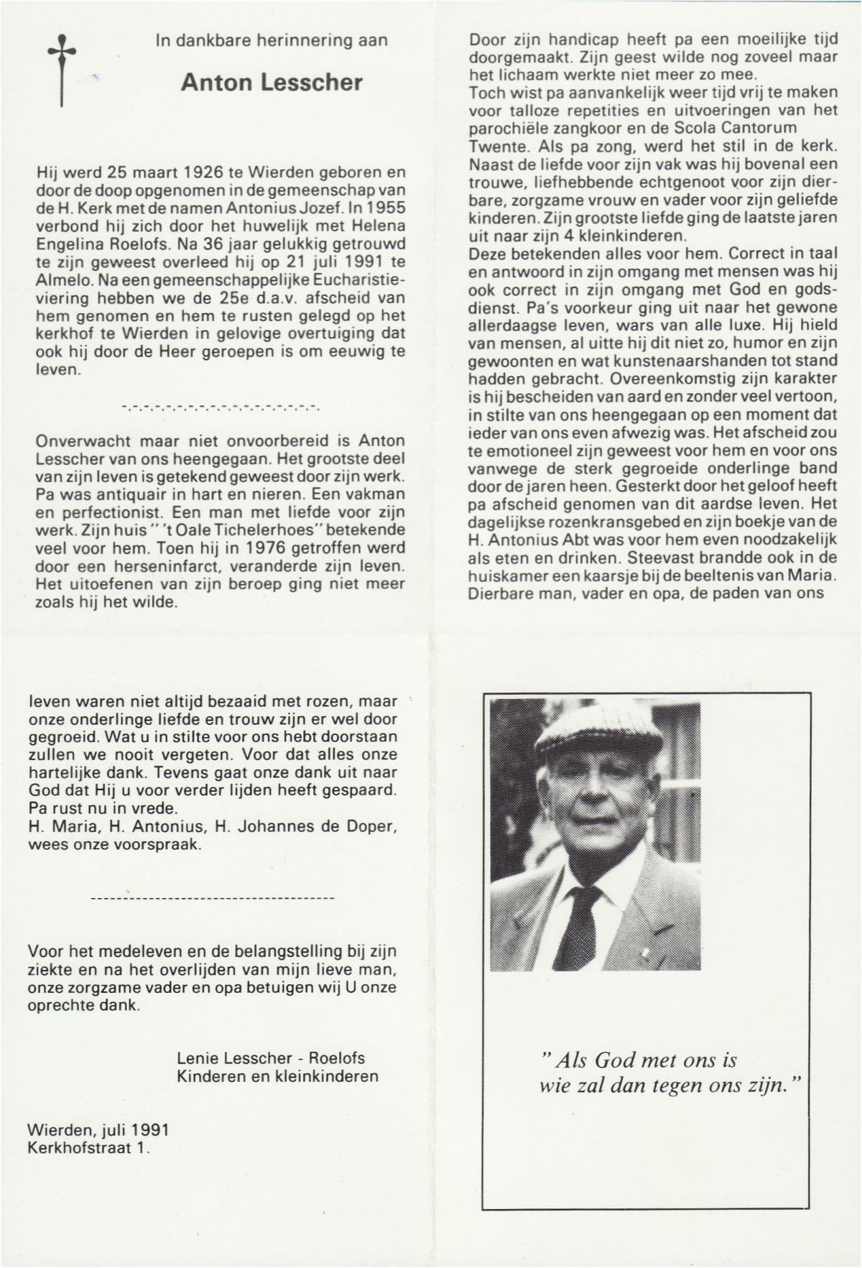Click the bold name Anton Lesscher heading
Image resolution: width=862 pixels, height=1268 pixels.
(272, 83)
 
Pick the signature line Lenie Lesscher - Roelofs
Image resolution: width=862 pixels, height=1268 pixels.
(271, 1058)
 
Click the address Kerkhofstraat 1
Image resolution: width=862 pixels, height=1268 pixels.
(89, 1147)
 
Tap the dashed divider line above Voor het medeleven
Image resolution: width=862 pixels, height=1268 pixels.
(213, 898)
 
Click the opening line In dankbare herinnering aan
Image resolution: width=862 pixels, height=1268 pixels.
(272, 41)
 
